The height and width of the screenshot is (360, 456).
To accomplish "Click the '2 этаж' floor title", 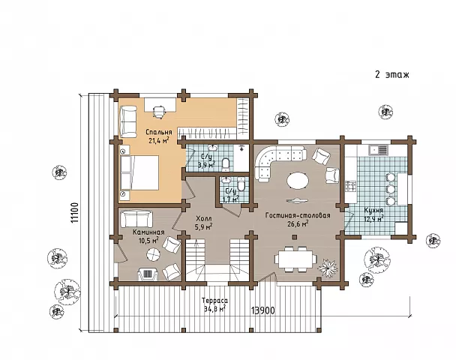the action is coord(392,74).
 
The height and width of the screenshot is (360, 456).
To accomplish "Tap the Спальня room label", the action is coord(159,132).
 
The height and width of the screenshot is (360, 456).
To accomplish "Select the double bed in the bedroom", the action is coord(139,172).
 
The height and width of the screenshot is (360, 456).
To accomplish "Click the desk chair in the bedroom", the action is coord(159,112).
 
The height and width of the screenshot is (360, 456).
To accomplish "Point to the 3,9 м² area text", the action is coord(206,165).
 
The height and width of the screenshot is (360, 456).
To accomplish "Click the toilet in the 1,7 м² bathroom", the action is coord(241,185).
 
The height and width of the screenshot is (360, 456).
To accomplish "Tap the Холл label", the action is coord(204,218).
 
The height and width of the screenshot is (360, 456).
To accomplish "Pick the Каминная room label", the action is coord(148,232).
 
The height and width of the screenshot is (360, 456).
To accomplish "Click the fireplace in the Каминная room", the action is coord(148,274).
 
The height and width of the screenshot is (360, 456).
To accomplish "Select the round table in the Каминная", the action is coord(153,255).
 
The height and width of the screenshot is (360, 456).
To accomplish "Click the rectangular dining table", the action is coord(295,259).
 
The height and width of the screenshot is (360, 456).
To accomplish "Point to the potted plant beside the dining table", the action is coord(328,267).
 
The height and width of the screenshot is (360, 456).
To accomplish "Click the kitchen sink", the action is coord(378,150).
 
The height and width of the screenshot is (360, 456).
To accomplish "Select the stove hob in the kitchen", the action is coord(350,186).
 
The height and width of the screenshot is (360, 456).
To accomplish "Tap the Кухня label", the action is coord(373,210).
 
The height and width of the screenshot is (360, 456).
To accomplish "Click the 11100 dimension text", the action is coord(74,212).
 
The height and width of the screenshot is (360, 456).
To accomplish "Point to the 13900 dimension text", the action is coord(263,310).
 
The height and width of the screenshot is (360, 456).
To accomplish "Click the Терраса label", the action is coord(215,301).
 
